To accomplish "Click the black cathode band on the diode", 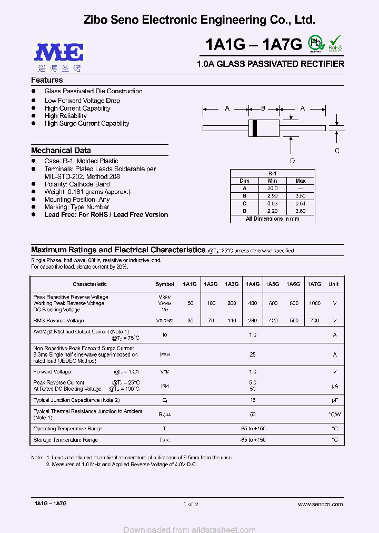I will (x=255, y=127).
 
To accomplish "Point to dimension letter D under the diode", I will (x=292, y=161).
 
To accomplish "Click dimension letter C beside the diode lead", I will (x=337, y=151).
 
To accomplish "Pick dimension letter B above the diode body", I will (x=263, y=108).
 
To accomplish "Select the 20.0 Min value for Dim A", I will (x=272, y=188).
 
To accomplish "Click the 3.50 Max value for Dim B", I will (x=301, y=195).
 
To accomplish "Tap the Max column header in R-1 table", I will (x=301, y=181).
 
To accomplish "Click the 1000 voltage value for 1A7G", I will (x=314, y=303).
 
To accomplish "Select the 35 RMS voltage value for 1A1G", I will (x=190, y=320).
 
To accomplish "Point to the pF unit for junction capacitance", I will (x=334, y=400).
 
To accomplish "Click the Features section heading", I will (x=47, y=80).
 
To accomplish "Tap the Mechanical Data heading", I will (x=61, y=150).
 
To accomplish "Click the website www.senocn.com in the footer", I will (x=320, y=504).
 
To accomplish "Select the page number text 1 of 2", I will (x=190, y=504).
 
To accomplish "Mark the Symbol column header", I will (x=165, y=284).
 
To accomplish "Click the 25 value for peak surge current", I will (x=253, y=355).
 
